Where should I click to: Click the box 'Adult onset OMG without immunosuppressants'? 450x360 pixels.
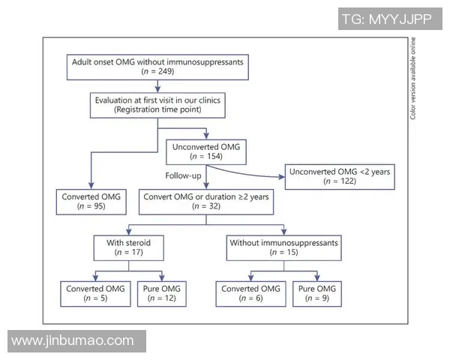coord(157,66)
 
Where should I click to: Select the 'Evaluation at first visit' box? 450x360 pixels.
coord(157,104)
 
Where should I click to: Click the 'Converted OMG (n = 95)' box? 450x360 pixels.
coord(91,202)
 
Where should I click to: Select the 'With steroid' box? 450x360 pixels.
coord(127,248)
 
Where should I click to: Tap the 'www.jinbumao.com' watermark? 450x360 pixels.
coord(73,341)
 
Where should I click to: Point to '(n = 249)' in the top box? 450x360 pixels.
coord(157,71)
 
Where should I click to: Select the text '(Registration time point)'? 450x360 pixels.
coord(157,109)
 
